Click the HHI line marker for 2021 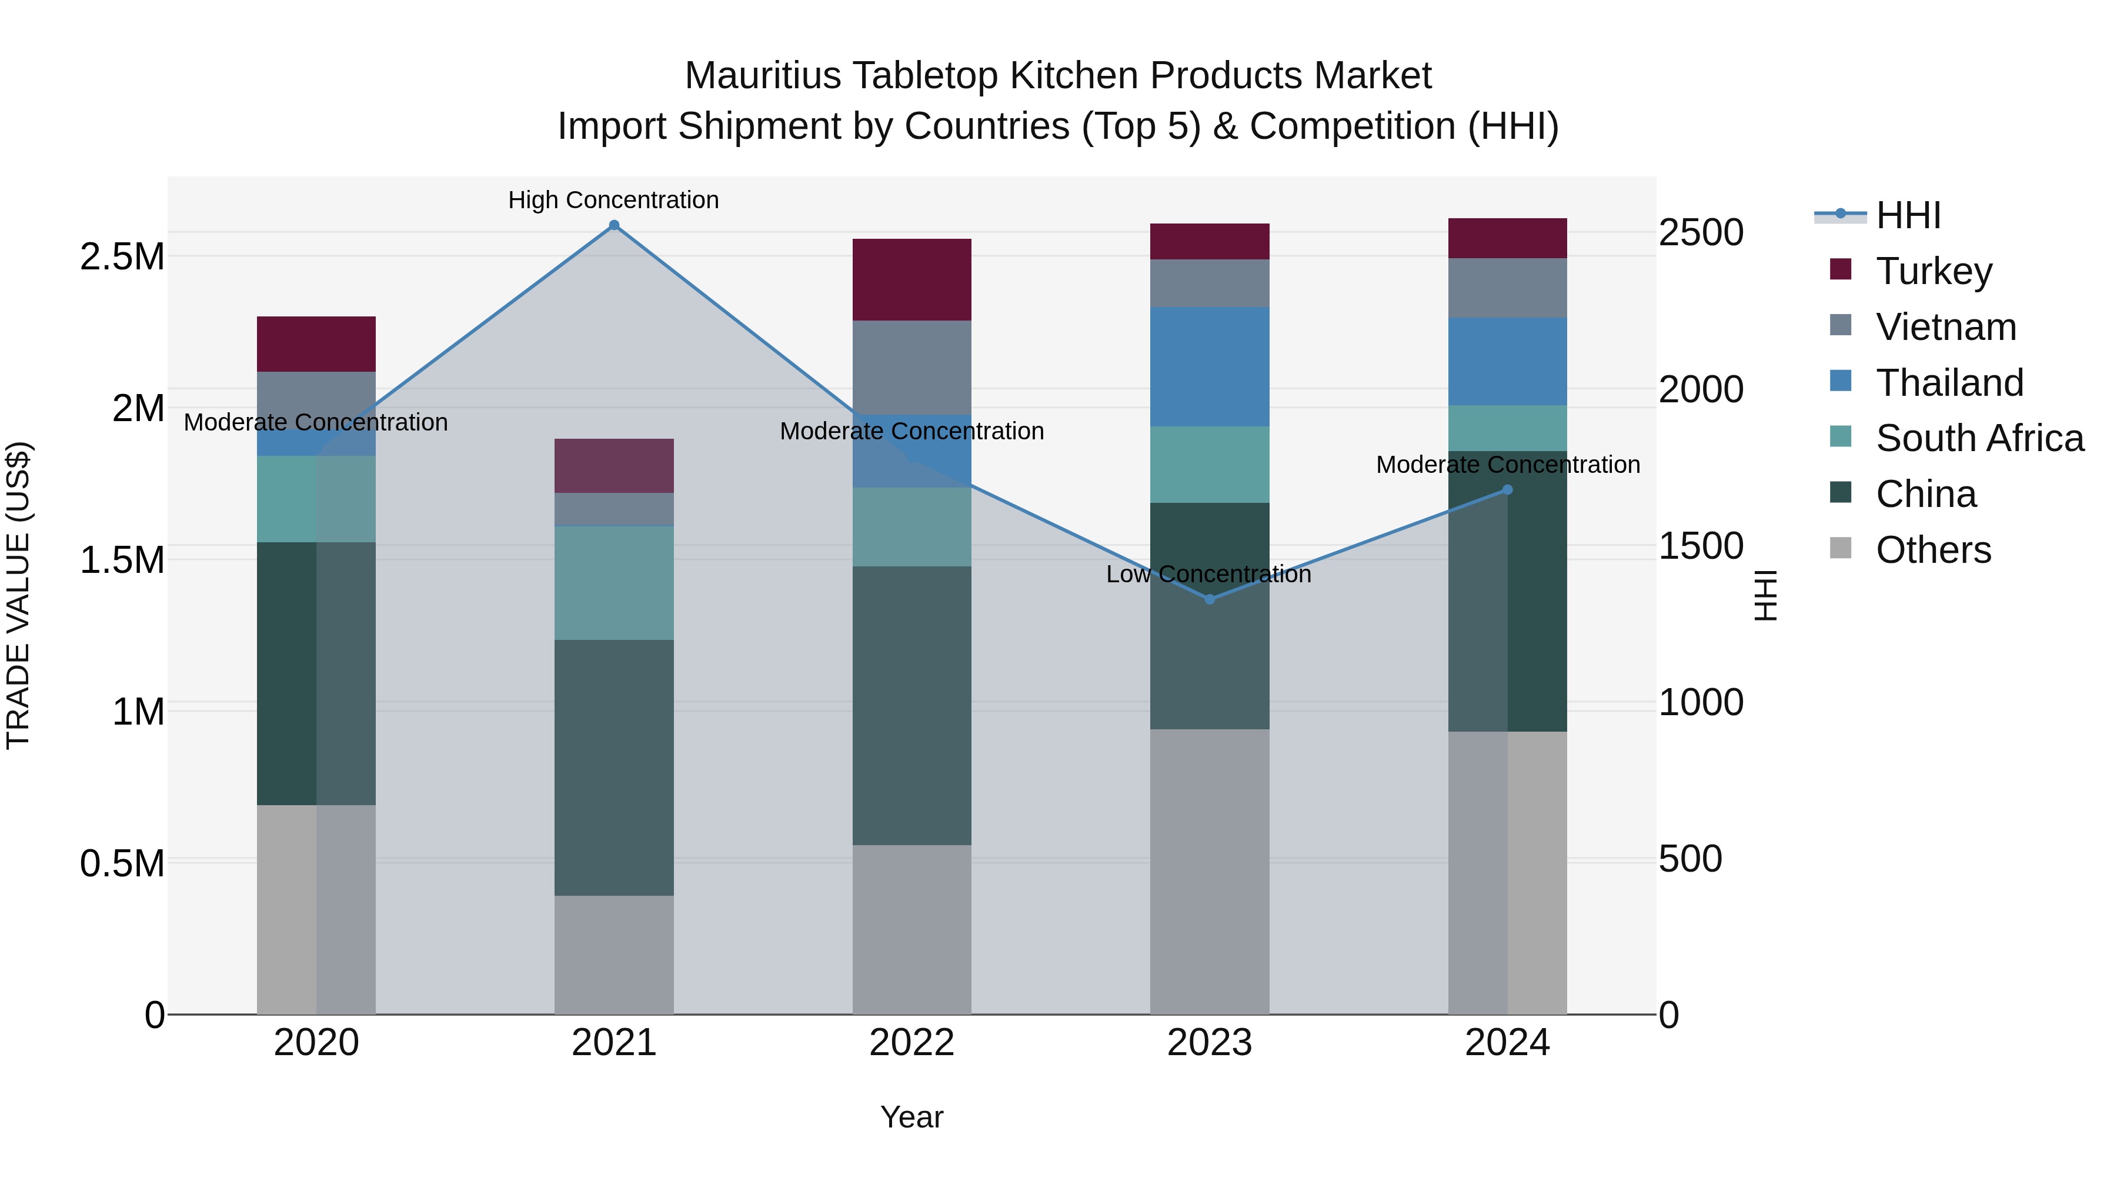click(614, 225)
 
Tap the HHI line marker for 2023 click(1209, 599)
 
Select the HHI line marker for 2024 click(1507, 490)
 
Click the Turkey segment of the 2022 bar click(911, 279)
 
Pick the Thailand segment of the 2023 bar click(1209, 366)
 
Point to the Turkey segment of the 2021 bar click(614, 465)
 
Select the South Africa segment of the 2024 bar click(1507, 428)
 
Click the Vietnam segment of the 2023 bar click(1209, 283)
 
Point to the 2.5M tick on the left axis click(122, 257)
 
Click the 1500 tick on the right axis click(1700, 546)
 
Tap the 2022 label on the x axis click(911, 1043)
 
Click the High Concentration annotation click(613, 200)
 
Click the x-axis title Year click(911, 1117)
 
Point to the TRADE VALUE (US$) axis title click(18, 595)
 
